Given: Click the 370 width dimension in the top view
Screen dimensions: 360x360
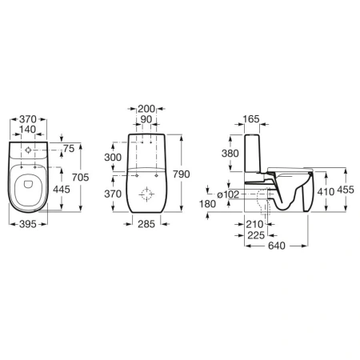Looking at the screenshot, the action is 28,119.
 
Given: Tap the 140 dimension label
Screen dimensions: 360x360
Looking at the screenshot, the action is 28,130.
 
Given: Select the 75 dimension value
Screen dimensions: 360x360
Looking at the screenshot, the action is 69,149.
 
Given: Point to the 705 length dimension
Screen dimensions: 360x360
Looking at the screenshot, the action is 80,178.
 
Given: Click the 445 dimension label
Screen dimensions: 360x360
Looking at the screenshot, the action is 62,190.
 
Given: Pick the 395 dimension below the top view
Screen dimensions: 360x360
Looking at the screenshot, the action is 28,224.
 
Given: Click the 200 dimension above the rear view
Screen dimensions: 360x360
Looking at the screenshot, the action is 146,109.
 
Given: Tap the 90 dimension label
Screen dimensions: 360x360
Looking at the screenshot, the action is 146,119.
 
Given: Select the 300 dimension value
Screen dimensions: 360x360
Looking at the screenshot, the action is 113,158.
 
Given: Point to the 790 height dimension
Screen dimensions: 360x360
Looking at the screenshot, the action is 182,174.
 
